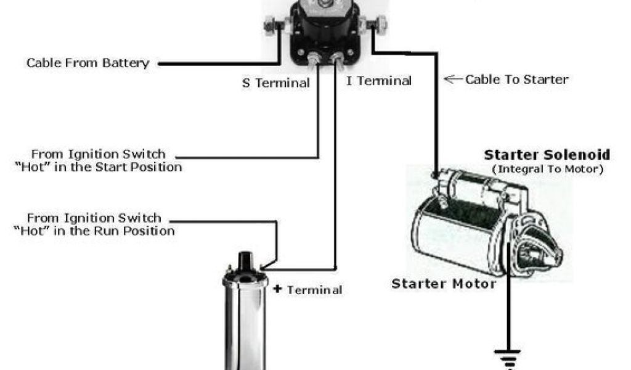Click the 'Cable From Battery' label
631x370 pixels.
[x=88, y=63]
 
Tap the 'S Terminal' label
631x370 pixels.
[x=275, y=83]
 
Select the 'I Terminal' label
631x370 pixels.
[x=378, y=81]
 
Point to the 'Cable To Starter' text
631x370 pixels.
[x=516, y=79]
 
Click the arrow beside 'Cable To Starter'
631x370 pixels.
[x=453, y=79]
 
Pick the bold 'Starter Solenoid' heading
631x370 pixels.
[x=547, y=155]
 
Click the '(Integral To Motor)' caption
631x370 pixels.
[x=547, y=169]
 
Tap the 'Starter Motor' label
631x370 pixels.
[x=444, y=284]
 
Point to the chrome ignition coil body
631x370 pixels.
[x=245, y=327]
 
